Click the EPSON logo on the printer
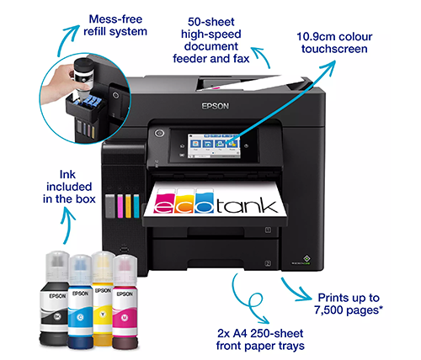(216, 106)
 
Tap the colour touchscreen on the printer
(214, 146)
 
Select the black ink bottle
(54, 299)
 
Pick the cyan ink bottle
(80, 302)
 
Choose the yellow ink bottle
(103, 299)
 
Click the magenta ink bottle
(125, 302)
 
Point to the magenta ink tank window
(120, 206)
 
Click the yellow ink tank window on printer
(128, 206)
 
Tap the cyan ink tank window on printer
(136, 206)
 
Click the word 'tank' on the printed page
(247, 204)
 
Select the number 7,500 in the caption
(329, 310)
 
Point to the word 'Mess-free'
(115, 19)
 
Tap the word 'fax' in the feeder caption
(241, 59)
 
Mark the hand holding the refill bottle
(57, 84)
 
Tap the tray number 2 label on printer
(268, 263)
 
